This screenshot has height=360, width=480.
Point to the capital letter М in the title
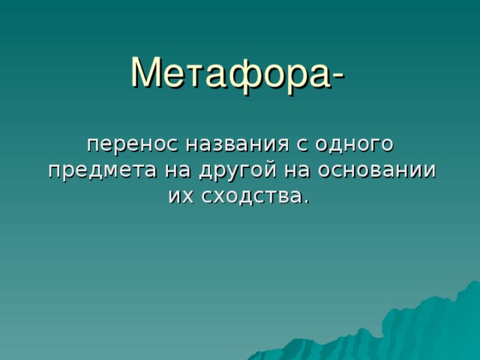(x=147, y=72)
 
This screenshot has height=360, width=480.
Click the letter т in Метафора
(x=196, y=76)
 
